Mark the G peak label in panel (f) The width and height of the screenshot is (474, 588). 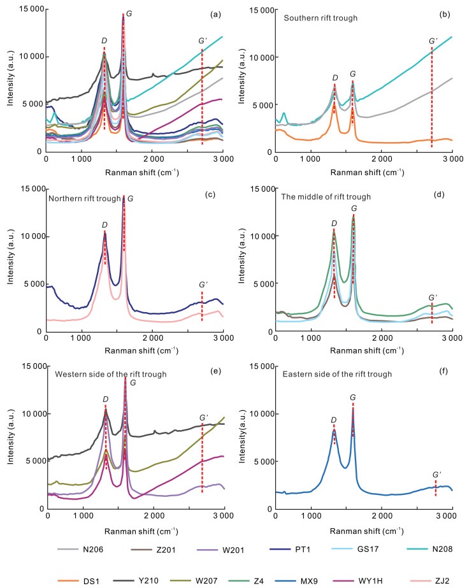pos(353,397)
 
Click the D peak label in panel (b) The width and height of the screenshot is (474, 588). pos(334,78)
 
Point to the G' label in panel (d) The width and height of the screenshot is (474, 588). pos(433,298)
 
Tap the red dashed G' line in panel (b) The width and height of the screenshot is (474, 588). pos(432,96)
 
